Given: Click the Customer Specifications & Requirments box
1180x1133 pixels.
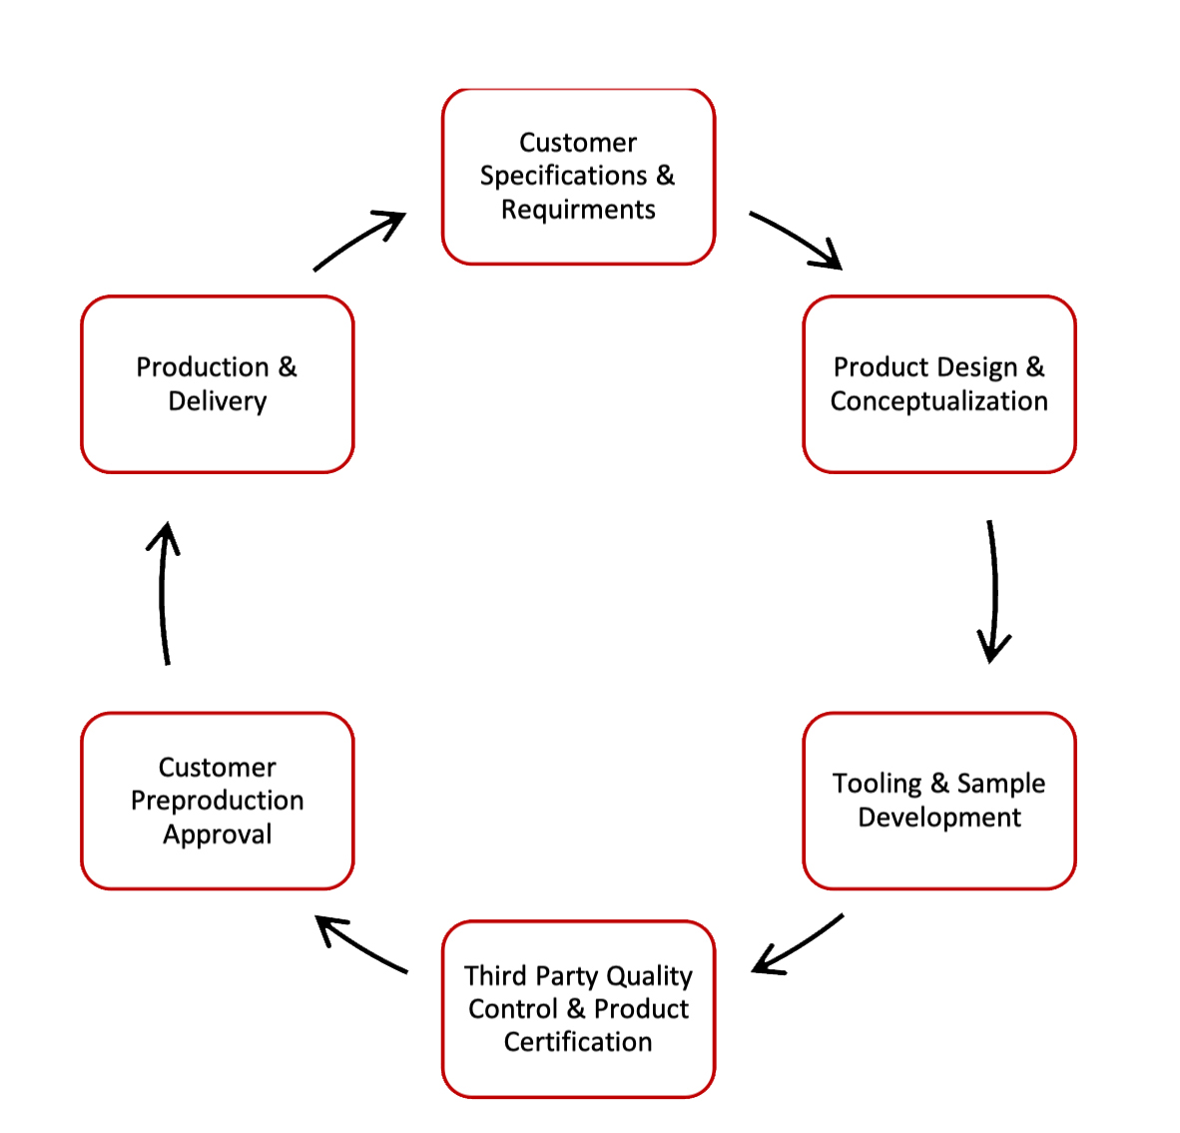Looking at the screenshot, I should pyautogui.click(x=578, y=177).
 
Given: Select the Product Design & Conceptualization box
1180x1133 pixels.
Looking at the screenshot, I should pyautogui.click(x=938, y=384).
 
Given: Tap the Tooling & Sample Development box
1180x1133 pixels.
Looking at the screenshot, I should pyautogui.click(x=938, y=801).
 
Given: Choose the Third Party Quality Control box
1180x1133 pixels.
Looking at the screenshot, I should pyautogui.click(x=578, y=1008).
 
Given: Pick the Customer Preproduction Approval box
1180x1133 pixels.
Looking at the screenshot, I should pyautogui.click(x=217, y=801).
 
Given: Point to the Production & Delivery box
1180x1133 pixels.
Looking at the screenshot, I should pyautogui.click(x=217, y=384).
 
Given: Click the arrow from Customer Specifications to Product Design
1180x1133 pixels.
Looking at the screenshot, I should pyautogui.click(x=797, y=241).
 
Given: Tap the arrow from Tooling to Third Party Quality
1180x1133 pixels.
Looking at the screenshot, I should pyautogui.click(x=797, y=944).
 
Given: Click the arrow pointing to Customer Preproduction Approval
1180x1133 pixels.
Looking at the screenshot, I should pyautogui.click(x=360, y=944).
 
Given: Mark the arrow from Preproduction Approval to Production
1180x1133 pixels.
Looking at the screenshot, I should pyautogui.click(x=164, y=593).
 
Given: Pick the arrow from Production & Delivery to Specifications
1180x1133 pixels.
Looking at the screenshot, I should pyautogui.click(x=359, y=241).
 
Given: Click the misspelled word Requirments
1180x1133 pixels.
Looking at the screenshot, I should pyautogui.click(x=578, y=210).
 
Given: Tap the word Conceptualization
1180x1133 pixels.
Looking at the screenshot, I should pyautogui.click(x=938, y=401).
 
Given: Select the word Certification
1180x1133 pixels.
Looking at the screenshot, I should pyautogui.click(x=578, y=1042).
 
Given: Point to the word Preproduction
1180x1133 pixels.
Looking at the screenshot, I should pyautogui.click(x=217, y=801).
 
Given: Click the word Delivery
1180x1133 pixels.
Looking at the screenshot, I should pyautogui.click(x=217, y=401).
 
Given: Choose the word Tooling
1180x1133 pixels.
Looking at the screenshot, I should pyautogui.click(x=877, y=784).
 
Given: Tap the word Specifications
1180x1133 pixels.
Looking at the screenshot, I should pyautogui.click(x=563, y=176).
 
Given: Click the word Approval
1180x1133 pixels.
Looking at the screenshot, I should pyautogui.click(x=217, y=835).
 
